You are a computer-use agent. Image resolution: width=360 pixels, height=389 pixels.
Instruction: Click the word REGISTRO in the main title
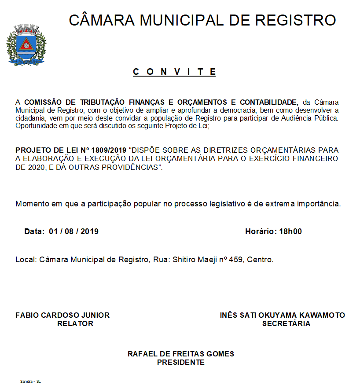296,20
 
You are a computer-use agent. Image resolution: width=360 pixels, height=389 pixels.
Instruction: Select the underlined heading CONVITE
174,72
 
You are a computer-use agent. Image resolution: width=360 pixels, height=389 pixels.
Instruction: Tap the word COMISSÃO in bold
44,102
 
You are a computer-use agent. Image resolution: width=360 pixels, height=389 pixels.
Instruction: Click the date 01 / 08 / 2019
73,231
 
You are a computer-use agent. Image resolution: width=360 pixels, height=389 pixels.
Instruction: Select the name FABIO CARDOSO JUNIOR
62,315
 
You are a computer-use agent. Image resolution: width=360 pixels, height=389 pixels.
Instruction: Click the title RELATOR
75,323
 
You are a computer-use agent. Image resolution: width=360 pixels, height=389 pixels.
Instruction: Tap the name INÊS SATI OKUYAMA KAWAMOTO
282,315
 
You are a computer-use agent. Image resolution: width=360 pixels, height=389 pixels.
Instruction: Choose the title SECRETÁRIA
286,323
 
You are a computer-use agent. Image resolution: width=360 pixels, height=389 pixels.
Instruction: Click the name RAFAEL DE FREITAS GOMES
180,354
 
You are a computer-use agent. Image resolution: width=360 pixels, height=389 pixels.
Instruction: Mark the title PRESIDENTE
180,362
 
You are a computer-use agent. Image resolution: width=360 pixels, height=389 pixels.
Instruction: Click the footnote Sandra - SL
30,381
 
